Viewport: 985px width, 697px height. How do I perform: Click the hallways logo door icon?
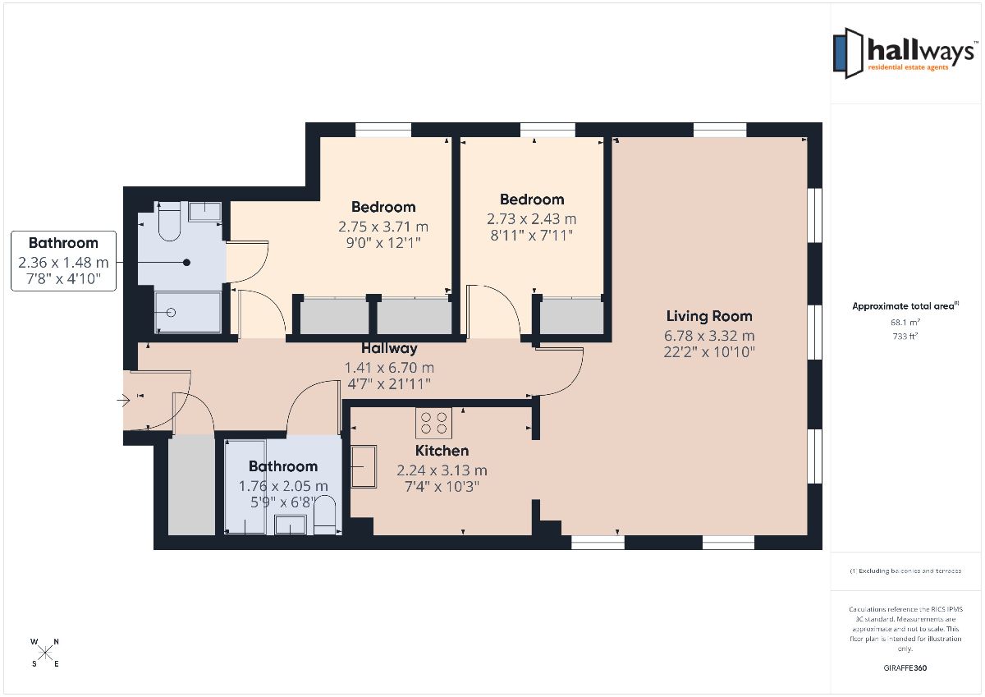pos(848,53)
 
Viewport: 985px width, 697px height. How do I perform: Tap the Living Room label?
pos(709,316)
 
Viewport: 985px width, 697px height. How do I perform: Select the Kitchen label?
pos(442,451)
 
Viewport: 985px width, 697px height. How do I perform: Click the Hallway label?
pos(389,348)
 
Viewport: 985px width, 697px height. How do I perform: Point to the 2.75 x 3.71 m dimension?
pos(383,227)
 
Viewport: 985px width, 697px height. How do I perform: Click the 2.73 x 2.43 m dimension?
pos(531,219)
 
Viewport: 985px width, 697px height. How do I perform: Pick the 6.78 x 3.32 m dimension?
pos(709,336)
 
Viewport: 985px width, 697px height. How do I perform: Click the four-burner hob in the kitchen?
pos(433,423)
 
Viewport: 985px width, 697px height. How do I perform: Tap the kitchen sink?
pos(364,466)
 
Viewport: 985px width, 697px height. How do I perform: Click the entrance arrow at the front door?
pos(123,401)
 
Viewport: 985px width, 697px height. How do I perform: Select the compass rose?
pos(45,653)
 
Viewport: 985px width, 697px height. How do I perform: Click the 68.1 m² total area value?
pos(905,323)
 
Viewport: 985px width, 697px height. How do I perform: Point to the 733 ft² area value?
pos(905,337)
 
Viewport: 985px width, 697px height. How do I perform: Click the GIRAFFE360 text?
pos(905,668)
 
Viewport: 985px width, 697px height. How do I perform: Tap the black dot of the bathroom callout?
pos(186,263)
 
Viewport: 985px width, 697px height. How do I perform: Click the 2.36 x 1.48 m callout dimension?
pos(63,263)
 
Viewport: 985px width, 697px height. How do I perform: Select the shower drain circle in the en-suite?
pos(172,313)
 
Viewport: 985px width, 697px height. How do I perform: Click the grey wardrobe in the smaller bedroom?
pos(571,316)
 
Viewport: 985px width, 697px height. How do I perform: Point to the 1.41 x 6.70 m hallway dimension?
pos(389,368)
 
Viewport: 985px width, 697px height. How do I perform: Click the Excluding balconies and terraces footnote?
pos(905,571)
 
